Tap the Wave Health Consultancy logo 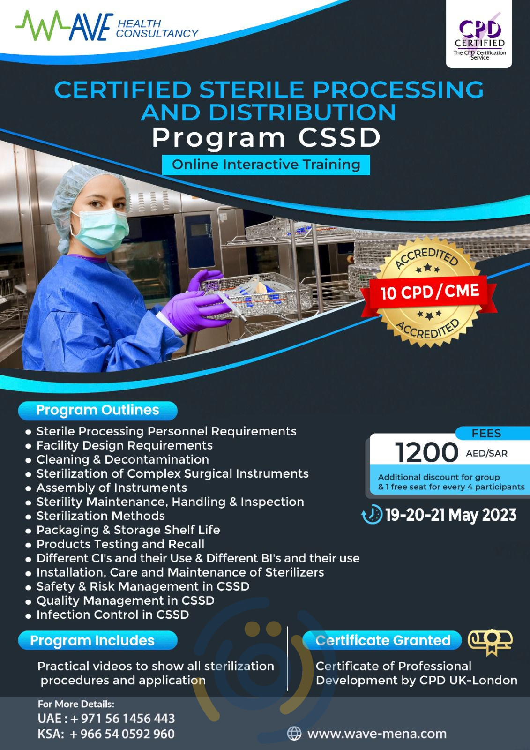point(107,27)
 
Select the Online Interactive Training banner point(266,165)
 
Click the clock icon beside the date point(372,514)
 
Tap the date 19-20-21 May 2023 point(451,515)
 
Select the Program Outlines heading point(97,410)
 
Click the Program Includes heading point(92,641)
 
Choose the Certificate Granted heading point(382,640)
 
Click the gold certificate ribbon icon point(490,641)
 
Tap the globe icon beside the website point(294,733)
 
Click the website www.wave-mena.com point(377,734)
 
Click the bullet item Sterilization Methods point(101,516)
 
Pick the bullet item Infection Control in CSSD point(112,615)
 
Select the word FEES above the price point(486,433)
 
